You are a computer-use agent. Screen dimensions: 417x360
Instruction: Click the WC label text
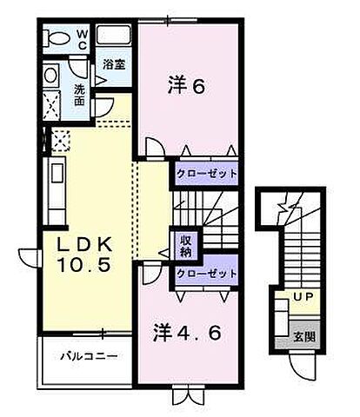pos(79,40)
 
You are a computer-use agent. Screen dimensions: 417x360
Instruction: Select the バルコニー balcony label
pos(90,356)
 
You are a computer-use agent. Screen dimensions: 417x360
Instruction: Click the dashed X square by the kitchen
pos(60,139)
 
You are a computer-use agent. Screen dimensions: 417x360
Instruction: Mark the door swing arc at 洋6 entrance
pos(153,148)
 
